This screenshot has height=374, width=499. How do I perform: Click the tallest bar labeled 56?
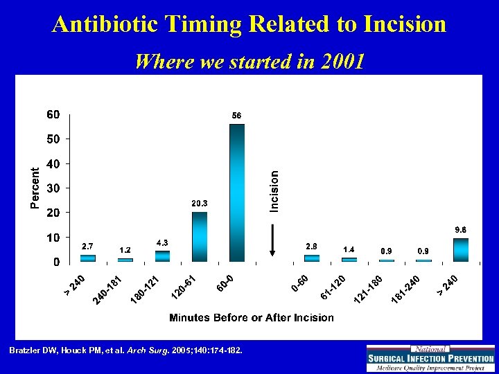[x=237, y=193]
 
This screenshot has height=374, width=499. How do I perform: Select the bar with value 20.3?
[x=200, y=236]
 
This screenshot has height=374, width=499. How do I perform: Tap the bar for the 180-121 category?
[x=162, y=256]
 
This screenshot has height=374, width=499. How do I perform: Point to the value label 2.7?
[x=88, y=246]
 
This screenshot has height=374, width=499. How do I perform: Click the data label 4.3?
[x=162, y=242]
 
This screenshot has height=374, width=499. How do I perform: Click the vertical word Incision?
[x=274, y=191]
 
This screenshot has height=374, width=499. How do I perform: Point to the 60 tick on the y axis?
[x=53, y=114]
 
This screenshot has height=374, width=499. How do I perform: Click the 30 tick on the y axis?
[x=53, y=188]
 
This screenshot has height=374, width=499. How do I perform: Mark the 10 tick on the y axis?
[x=53, y=238]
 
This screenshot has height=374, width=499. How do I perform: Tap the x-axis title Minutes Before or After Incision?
[x=252, y=318]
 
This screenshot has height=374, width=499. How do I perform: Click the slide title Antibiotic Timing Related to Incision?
[x=249, y=25]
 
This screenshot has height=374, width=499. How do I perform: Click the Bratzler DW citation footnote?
[x=125, y=351]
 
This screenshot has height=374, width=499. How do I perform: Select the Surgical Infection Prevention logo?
[x=430, y=358]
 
